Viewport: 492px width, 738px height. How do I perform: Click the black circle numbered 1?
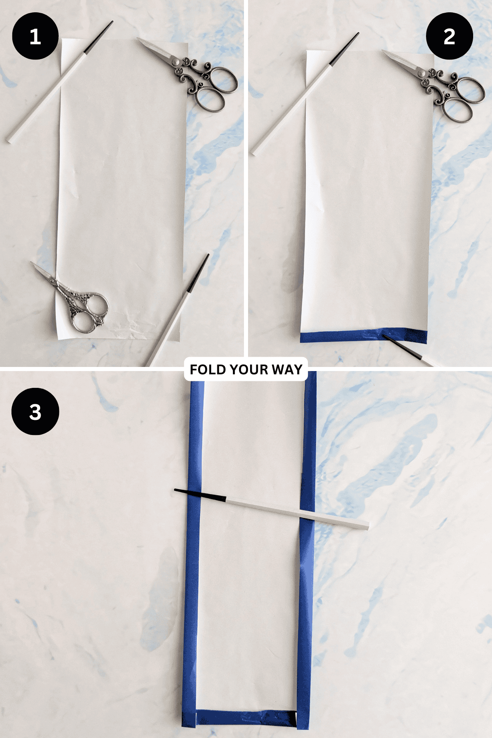[35, 36]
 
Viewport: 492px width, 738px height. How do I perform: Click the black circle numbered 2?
[449, 36]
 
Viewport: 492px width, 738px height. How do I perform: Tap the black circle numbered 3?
[35, 411]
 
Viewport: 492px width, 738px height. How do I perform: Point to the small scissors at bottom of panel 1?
[76, 299]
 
